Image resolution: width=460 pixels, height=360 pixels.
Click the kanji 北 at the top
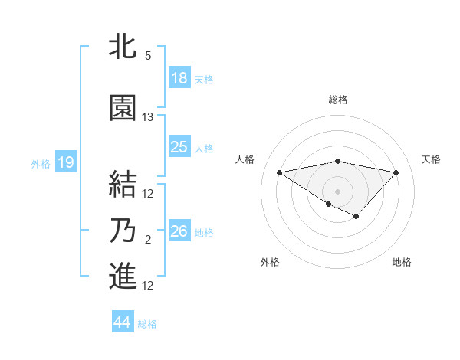pyautogui.click(x=123, y=45)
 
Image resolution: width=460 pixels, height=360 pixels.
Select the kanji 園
pyautogui.click(x=123, y=108)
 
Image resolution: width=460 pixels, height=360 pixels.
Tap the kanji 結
pyautogui.click(x=123, y=184)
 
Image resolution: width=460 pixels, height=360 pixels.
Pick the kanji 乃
pyautogui.click(x=123, y=231)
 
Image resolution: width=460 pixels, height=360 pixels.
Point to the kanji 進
pyautogui.click(x=123, y=276)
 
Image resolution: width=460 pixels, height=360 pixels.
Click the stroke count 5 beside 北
pyautogui.click(x=148, y=56)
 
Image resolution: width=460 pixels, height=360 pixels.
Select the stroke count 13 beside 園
pyautogui.click(x=148, y=117)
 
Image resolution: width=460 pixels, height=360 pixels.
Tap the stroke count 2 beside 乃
pyautogui.click(x=148, y=241)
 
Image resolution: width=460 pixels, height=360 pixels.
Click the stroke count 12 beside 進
pyautogui.click(x=148, y=286)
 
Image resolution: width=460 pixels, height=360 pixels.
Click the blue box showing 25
pyautogui.click(x=179, y=147)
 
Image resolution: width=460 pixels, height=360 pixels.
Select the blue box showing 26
pyautogui.click(x=179, y=231)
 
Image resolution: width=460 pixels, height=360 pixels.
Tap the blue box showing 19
pyautogui.click(x=65, y=162)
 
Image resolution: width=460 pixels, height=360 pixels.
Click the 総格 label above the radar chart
pyautogui.click(x=338, y=100)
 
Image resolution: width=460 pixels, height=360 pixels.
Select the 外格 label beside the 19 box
pyautogui.click(x=40, y=163)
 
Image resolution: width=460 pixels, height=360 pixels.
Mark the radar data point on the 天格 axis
pyautogui.click(x=396, y=172)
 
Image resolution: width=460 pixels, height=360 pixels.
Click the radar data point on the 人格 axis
pyautogui.click(x=279, y=172)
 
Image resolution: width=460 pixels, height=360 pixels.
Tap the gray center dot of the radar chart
pyautogui.click(x=337, y=191)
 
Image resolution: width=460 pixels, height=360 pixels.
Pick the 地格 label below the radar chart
pyautogui.click(x=402, y=262)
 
